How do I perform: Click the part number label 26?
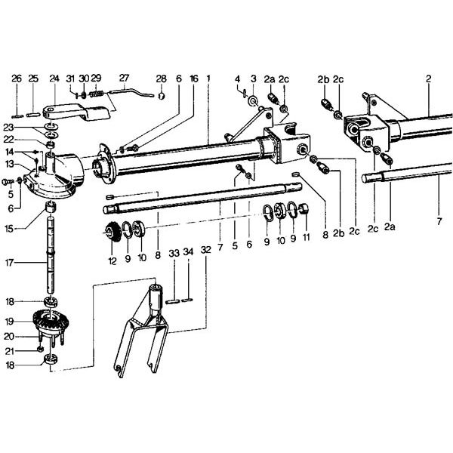pos(17,79)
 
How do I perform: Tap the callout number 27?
pos(124,78)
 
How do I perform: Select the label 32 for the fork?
pos(205,250)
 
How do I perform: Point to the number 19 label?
pos(10,321)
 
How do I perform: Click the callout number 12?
pos(112,261)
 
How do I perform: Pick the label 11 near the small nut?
pos(306,238)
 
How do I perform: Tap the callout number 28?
pos(162,79)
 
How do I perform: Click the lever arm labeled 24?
pos(77,113)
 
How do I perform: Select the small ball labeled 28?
pos(162,96)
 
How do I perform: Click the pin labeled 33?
pos(173,301)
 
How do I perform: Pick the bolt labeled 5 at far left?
pos(8,182)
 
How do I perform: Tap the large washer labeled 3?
pos(254,101)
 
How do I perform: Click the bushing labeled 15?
pos(51,207)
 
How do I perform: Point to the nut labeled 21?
pos(40,350)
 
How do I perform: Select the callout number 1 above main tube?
pos(208,79)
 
